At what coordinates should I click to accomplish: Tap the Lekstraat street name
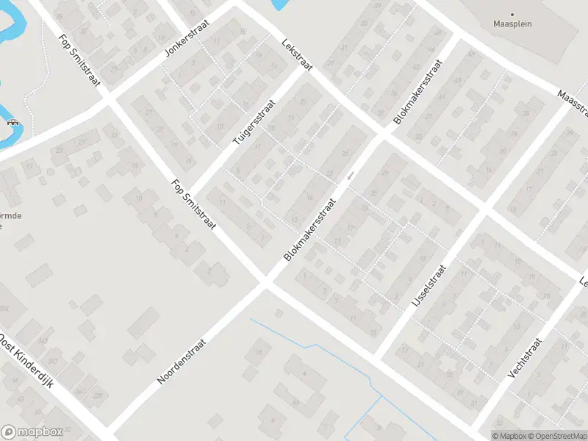297,55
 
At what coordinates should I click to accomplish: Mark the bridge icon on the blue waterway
12,123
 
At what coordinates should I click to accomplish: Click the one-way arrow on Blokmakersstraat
352,175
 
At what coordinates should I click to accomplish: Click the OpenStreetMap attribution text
556,436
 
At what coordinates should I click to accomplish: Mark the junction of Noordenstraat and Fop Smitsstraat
265,284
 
